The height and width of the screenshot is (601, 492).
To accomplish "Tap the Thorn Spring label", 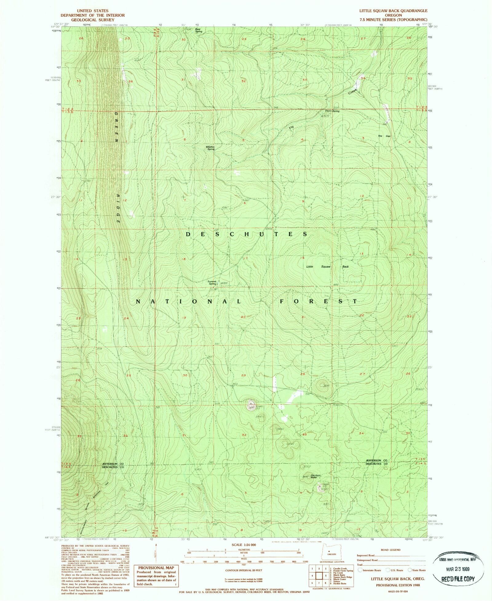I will point(332,111).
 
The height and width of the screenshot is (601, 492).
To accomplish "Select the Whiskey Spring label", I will point(210,148).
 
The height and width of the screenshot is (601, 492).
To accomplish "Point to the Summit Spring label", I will point(212,283).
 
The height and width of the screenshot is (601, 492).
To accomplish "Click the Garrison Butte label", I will point(315,476).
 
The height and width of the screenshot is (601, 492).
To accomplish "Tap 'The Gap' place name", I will point(384,136).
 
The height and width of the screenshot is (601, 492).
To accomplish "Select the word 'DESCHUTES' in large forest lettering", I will point(246,234).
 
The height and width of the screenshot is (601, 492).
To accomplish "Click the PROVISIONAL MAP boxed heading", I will point(156,568).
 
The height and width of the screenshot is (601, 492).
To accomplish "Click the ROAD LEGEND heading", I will point(391,550).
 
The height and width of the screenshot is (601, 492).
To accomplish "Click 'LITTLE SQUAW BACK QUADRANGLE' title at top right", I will point(393,11).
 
